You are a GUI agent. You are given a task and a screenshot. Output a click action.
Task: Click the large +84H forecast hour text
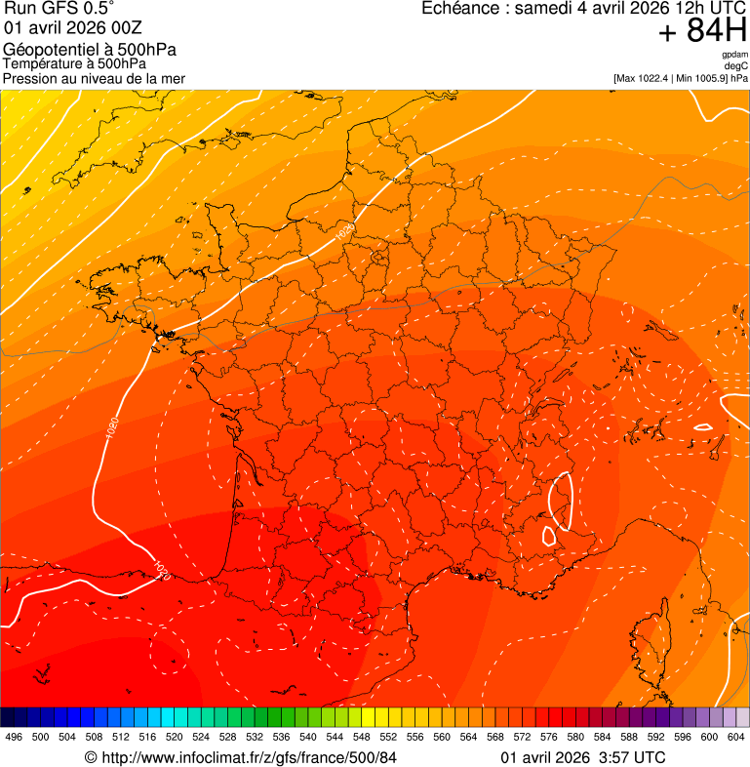pos(702,31)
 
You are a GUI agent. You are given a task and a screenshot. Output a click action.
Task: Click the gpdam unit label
pos(734,55)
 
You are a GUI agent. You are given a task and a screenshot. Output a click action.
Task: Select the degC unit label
pos(737,65)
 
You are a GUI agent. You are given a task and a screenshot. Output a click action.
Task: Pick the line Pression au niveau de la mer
pos(95,78)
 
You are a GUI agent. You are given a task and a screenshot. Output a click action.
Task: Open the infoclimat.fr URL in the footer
pos(249,757)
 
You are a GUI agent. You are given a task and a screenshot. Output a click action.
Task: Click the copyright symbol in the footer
pos(91,757)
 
